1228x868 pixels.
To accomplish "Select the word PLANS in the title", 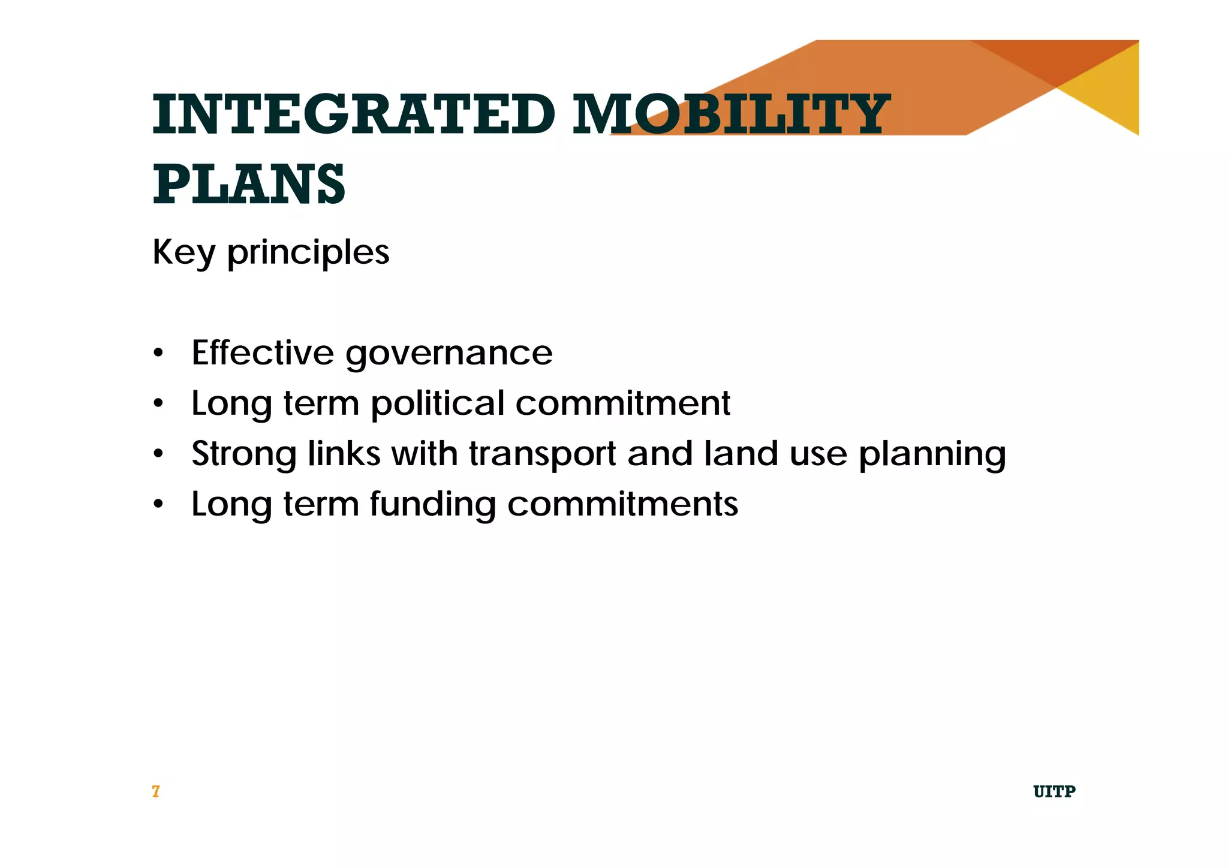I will tap(249, 184).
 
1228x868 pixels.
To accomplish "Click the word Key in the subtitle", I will tap(183, 252).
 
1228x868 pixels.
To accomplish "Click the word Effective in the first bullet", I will tap(262, 352).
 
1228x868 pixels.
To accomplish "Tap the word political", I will tap(437, 403).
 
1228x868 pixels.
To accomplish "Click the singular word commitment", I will tap(622, 403).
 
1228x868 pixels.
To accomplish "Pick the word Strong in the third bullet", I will tap(243, 454).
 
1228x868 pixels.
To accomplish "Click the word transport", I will tap(542, 454).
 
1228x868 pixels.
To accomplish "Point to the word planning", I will tap(932, 454).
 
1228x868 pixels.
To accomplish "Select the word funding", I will tap(432, 504).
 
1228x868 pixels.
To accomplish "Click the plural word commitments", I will tap(622, 504).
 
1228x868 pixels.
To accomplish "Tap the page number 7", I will tap(156, 792).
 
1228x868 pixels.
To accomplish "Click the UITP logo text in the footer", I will tap(1054, 792).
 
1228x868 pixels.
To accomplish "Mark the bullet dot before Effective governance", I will tap(158, 353).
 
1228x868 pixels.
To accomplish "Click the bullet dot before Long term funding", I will tap(158, 504).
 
